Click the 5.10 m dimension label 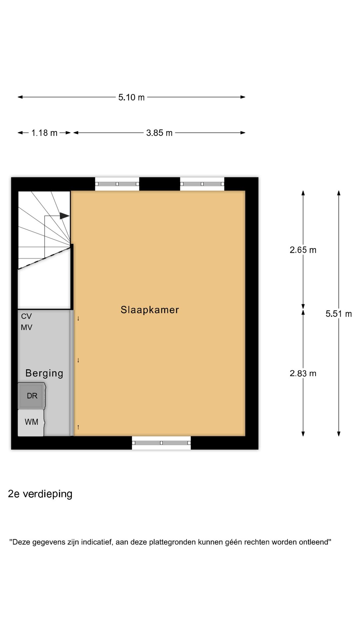[131, 97]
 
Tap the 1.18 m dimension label [44, 133]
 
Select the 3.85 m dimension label [159, 133]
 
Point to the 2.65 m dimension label [303, 250]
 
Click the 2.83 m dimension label [303, 373]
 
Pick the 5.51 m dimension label [338, 314]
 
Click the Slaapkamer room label [150, 310]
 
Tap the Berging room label [44, 373]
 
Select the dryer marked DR [32, 396]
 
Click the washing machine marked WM [31, 422]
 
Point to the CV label [26, 316]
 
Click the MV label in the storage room [26, 328]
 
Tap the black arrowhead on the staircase [64, 216]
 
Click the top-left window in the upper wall [117, 184]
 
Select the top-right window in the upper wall [202, 184]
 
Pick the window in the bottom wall [161, 443]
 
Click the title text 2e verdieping [40, 494]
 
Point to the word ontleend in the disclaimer [314, 542]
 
